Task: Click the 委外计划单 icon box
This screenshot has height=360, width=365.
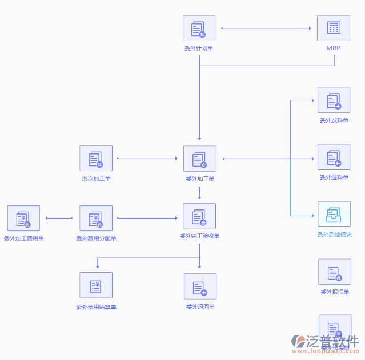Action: point(199,28)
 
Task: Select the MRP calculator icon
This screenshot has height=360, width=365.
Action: point(334,28)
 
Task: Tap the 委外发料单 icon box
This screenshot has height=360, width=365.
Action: point(334,100)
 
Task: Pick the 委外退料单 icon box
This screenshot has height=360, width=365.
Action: point(334,157)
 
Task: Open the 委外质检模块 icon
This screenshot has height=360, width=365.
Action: point(334,215)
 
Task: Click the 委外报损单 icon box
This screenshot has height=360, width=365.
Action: point(334,272)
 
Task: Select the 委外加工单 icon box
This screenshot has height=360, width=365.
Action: point(199,159)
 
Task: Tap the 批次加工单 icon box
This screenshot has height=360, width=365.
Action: point(96,159)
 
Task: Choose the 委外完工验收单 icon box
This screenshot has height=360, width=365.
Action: point(199,216)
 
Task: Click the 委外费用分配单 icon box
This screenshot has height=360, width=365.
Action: point(96,219)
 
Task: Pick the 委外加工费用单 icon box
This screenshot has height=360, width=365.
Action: point(23,219)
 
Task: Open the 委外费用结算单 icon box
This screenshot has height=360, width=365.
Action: point(96,285)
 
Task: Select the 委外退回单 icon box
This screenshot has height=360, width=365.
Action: point(200,286)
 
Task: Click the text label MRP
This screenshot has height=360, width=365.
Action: point(334,48)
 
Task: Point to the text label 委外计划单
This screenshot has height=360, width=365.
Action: point(199,48)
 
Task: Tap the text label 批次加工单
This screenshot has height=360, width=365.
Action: point(96,179)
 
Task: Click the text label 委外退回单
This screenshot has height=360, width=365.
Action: point(200,307)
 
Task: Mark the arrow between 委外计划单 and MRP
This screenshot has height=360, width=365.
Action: point(266,28)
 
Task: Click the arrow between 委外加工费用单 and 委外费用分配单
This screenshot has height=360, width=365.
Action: point(59,218)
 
